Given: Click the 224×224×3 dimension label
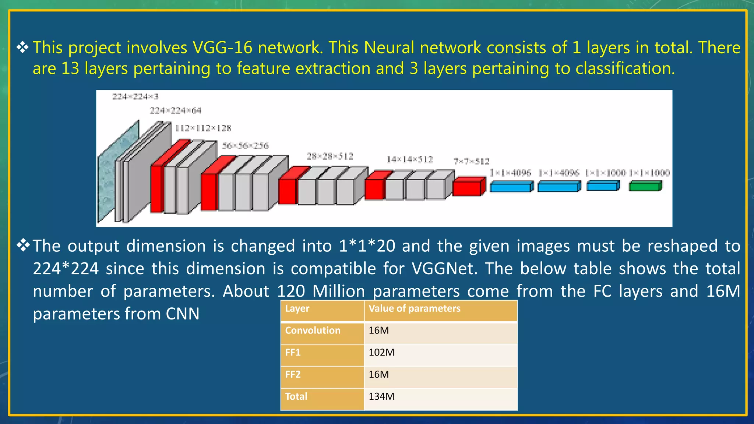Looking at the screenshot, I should (135, 97).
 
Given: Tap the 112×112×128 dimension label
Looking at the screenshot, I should (203, 128).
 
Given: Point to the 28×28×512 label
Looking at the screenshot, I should (330, 156).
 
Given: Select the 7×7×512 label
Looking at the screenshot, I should (471, 162).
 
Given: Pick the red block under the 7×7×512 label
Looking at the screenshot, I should (468, 187).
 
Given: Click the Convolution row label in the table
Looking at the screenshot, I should (313, 331).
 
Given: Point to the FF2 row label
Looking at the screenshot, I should (293, 375).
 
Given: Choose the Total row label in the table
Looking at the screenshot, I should (296, 397).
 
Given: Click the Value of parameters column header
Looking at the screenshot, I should (414, 308).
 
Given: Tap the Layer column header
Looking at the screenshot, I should (297, 308).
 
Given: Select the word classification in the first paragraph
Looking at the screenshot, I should (624, 69).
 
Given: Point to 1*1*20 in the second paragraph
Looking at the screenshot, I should (367, 246).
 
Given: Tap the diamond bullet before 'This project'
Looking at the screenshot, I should (22, 47).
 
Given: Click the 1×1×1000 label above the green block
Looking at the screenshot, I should (649, 173).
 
